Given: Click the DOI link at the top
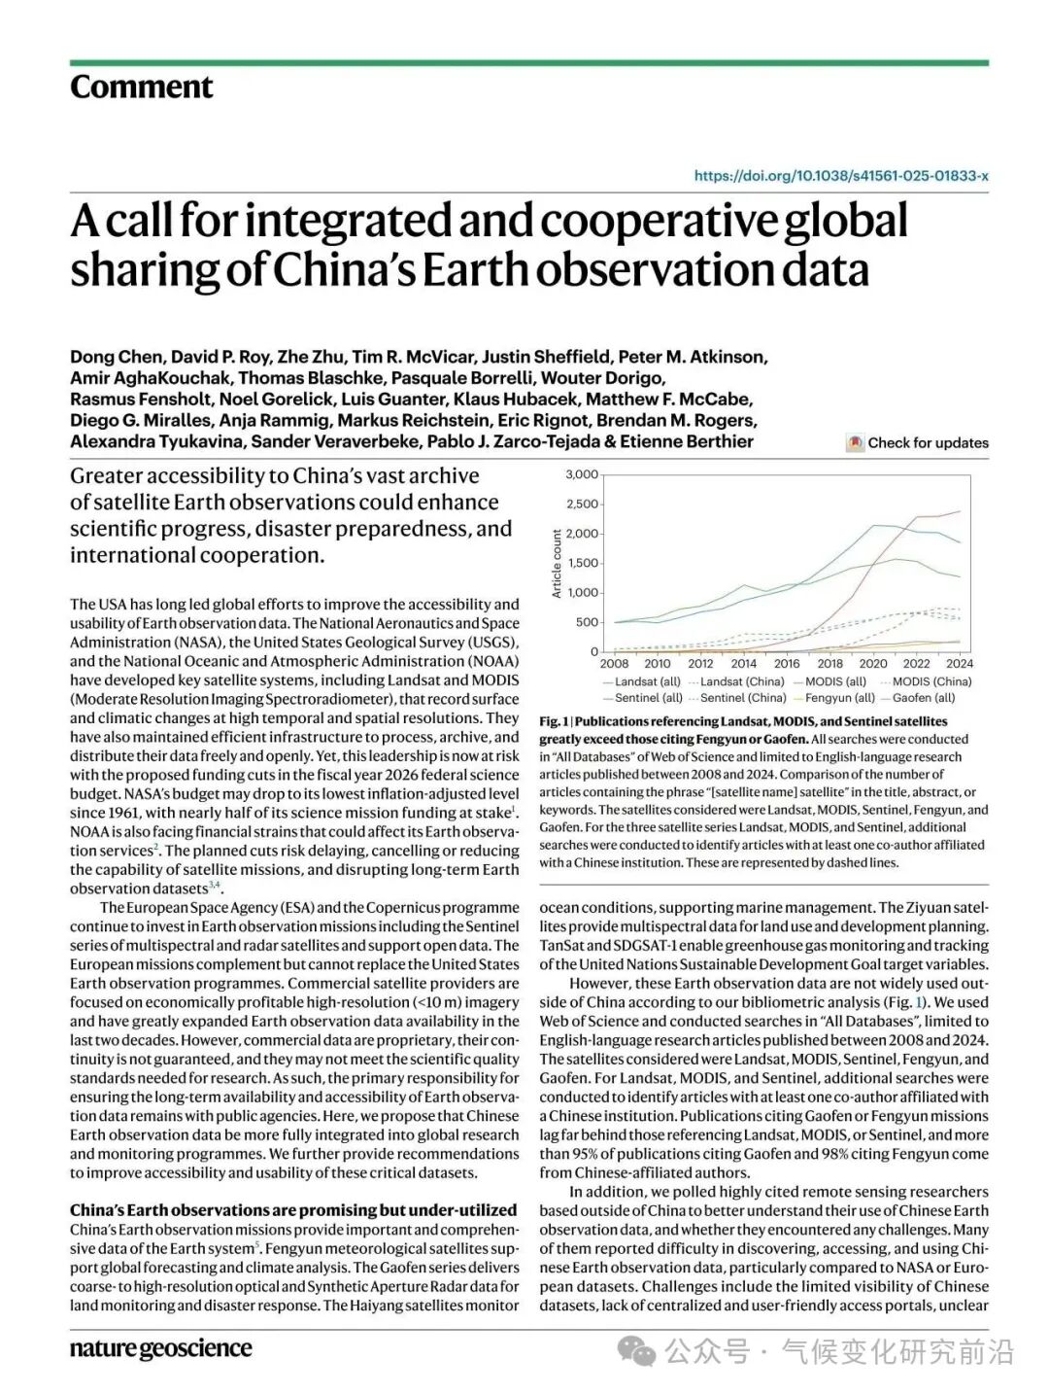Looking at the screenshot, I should pos(841,176).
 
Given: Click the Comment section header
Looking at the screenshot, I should pos(141,87).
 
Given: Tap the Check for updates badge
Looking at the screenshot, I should pos(917,443).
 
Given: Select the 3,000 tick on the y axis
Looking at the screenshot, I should pos(582,474).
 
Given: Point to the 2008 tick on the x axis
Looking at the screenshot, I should pos(614,664).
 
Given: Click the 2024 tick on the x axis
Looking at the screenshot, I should pos(960,664).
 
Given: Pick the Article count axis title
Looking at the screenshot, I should pos(557,564).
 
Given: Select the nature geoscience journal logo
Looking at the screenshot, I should pos(160,1348).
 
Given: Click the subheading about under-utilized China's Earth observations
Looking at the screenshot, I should pos(292,1210).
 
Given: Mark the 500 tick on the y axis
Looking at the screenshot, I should pos(587,622).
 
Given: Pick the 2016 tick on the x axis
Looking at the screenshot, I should pos(787,664).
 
